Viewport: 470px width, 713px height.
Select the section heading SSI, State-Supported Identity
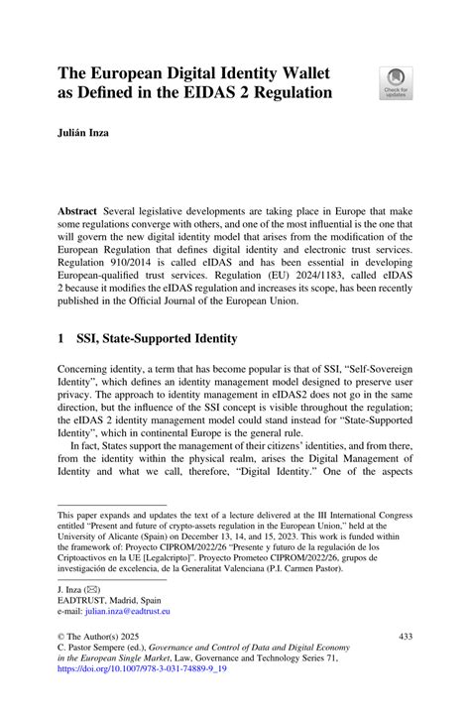(x=159, y=339)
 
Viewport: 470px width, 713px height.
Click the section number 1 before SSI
(x=61, y=339)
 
